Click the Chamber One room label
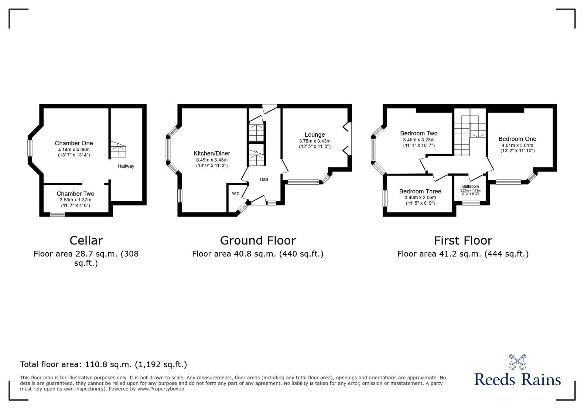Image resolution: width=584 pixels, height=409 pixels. tap(74, 143)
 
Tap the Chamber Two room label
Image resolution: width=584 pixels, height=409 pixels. tap(75, 194)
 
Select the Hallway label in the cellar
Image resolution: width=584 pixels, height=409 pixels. tap(126, 166)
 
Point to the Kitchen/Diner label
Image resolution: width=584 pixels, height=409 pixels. tap(212, 154)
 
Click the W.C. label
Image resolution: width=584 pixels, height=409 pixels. tap(236, 194)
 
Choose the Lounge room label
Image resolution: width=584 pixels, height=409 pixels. tap(315, 135)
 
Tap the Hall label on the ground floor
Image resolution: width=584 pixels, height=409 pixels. tap(264, 179)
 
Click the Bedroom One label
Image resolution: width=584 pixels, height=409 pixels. tap(517, 139)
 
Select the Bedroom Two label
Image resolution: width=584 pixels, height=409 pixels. tap(419, 133)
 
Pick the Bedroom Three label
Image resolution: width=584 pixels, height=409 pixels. tap(420, 192)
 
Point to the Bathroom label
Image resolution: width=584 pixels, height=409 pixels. tap(470, 186)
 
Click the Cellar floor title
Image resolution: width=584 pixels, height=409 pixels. tap(86, 241)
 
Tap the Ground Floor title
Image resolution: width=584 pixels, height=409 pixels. tap(258, 241)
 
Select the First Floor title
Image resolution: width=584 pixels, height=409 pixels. tap(463, 241)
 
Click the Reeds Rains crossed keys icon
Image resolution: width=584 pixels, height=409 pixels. tap(517, 361)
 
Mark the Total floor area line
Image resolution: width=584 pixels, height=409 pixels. tap(103, 364)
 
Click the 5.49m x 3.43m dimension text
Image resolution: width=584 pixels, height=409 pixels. tap(212, 160)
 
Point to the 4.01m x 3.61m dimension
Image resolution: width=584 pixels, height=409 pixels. tap(517, 145)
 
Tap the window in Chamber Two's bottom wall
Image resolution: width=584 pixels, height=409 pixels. tap(57, 215)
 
